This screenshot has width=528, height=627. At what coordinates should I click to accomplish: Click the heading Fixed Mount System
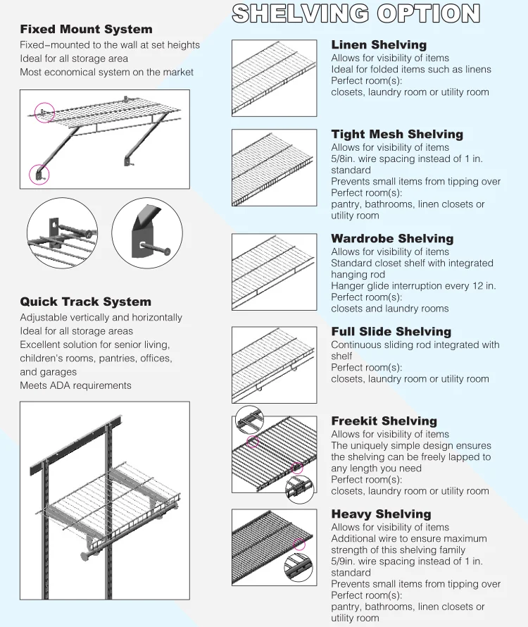(86, 30)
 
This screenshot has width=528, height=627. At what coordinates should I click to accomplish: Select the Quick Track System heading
(85, 302)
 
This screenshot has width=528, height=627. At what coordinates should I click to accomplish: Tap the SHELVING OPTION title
(356, 13)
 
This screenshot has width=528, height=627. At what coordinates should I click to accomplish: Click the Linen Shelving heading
(379, 45)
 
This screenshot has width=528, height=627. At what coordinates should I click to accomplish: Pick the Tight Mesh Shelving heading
(397, 135)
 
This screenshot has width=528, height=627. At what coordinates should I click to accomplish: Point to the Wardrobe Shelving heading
(392, 239)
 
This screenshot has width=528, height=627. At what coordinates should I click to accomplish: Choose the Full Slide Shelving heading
(391, 332)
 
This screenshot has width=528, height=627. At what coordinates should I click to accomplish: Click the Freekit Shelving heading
(384, 421)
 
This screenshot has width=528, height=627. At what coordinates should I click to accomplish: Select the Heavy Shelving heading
(381, 514)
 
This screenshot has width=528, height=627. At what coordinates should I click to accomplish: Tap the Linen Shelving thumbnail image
(274, 77)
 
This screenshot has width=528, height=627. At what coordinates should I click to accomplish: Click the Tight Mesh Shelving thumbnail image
(274, 167)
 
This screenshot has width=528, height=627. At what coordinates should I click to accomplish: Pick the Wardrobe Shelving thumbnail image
(274, 271)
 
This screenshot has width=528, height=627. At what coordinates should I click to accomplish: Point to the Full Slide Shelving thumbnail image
(274, 364)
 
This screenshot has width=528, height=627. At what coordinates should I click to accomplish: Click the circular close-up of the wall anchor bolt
(147, 232)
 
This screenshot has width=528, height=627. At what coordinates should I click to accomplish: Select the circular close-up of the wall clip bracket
(62, 232)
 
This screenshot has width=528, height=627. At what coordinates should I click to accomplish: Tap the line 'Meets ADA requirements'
(75, 385)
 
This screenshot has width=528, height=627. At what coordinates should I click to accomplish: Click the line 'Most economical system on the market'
(106, 72)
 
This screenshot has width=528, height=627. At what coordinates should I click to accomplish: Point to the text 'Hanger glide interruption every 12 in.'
(413, 286)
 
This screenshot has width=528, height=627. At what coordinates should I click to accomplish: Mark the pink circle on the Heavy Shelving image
(300, 544)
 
